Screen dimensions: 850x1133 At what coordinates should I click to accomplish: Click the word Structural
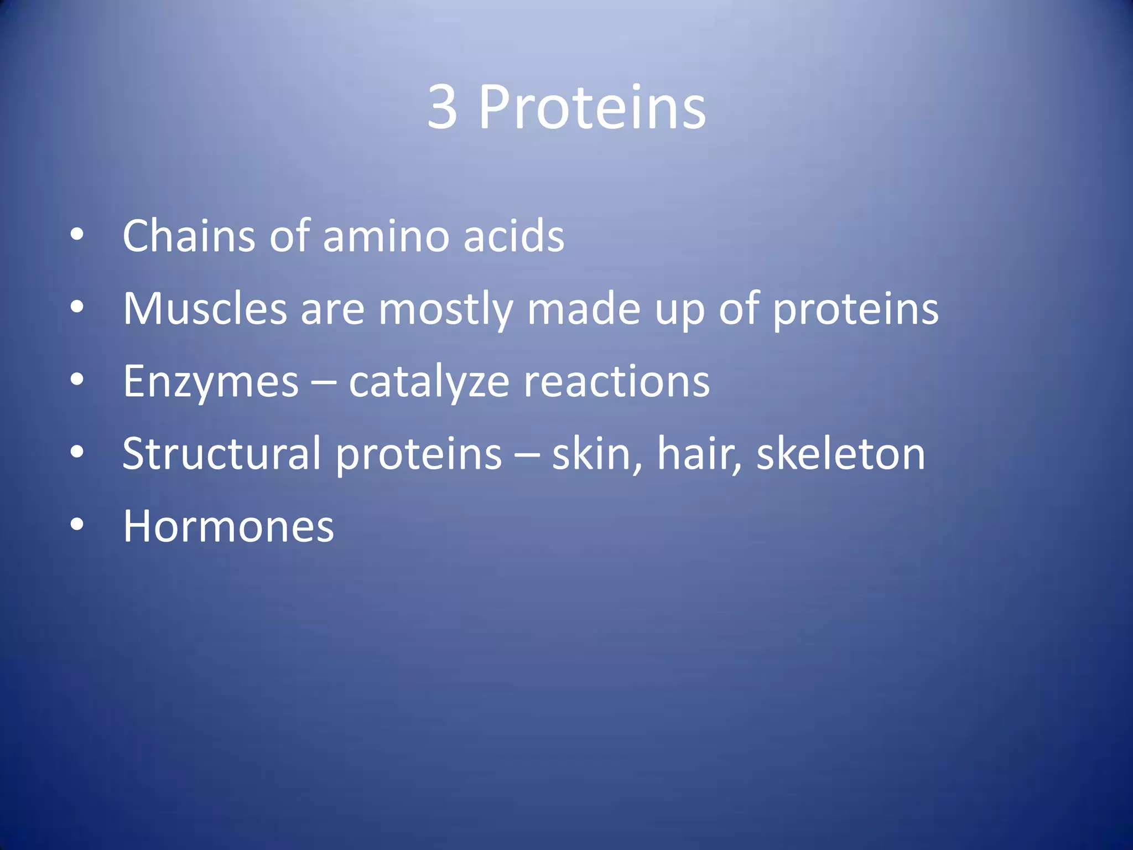point(222,454)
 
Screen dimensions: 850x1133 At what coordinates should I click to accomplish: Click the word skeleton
point(840,454)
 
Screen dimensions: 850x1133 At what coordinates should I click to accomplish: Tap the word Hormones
point(228,526)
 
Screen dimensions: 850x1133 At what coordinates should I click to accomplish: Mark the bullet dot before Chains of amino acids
point(77,235)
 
